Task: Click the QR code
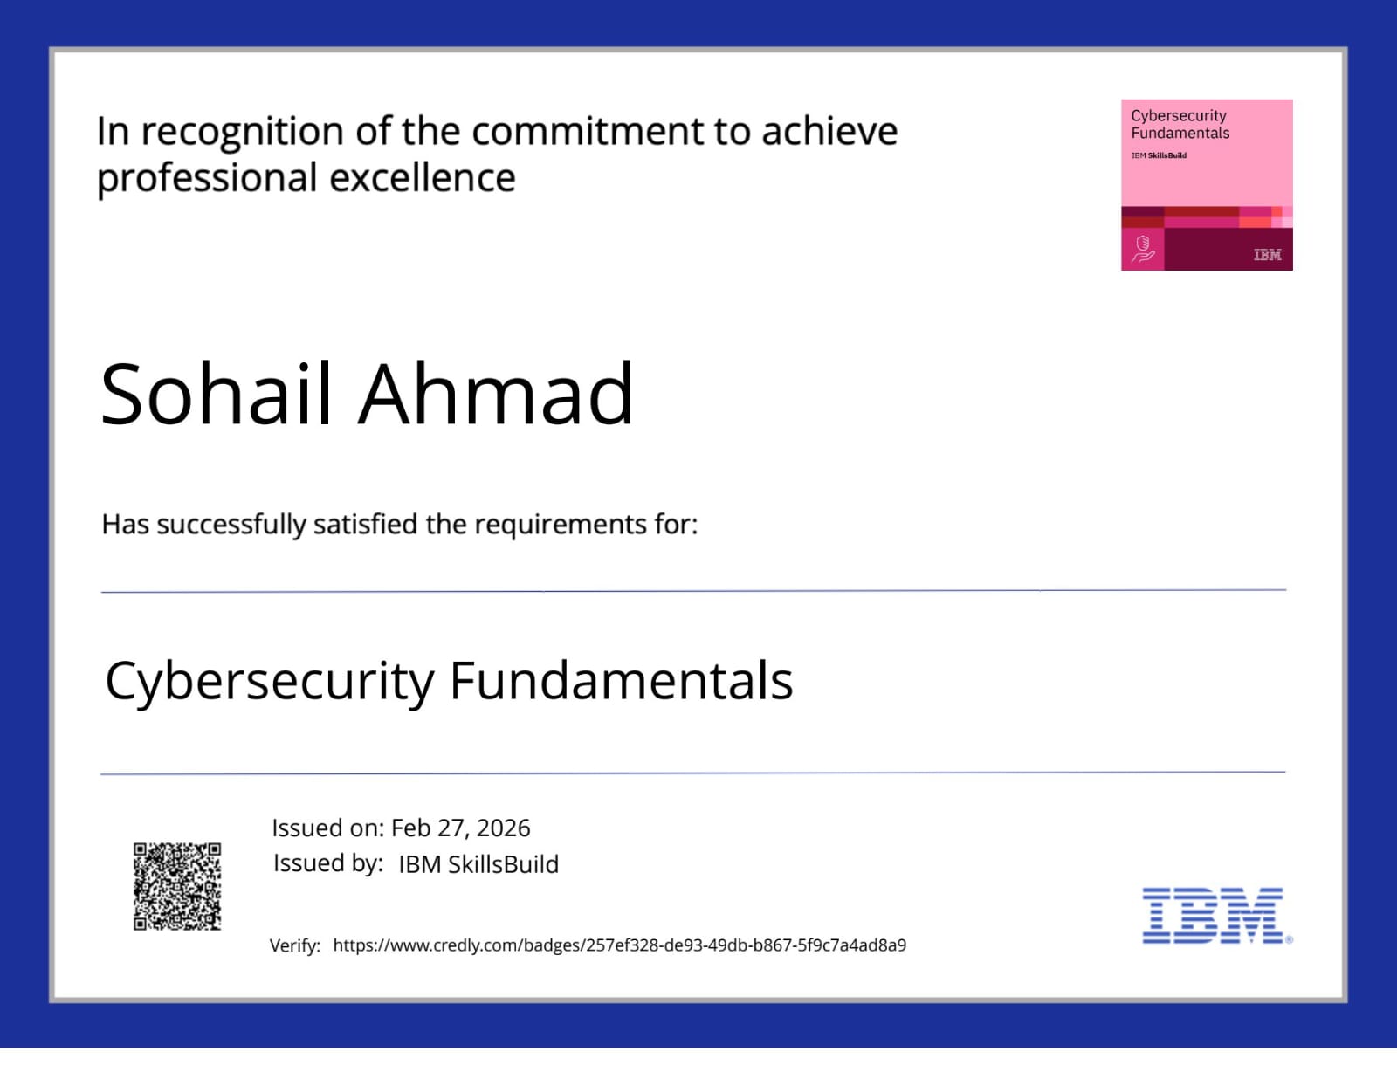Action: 177,886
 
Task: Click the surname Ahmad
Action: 495,395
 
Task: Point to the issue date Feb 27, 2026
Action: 460,828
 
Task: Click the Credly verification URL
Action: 619,945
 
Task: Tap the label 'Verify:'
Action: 294,945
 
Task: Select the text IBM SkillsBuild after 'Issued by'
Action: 478,864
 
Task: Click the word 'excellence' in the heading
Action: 422,178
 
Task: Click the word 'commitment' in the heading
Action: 588,132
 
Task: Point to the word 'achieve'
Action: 829,132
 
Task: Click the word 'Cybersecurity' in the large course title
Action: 270,682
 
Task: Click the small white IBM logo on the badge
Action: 1267,255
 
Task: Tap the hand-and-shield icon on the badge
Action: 1142,249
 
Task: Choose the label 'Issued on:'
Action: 327,828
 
